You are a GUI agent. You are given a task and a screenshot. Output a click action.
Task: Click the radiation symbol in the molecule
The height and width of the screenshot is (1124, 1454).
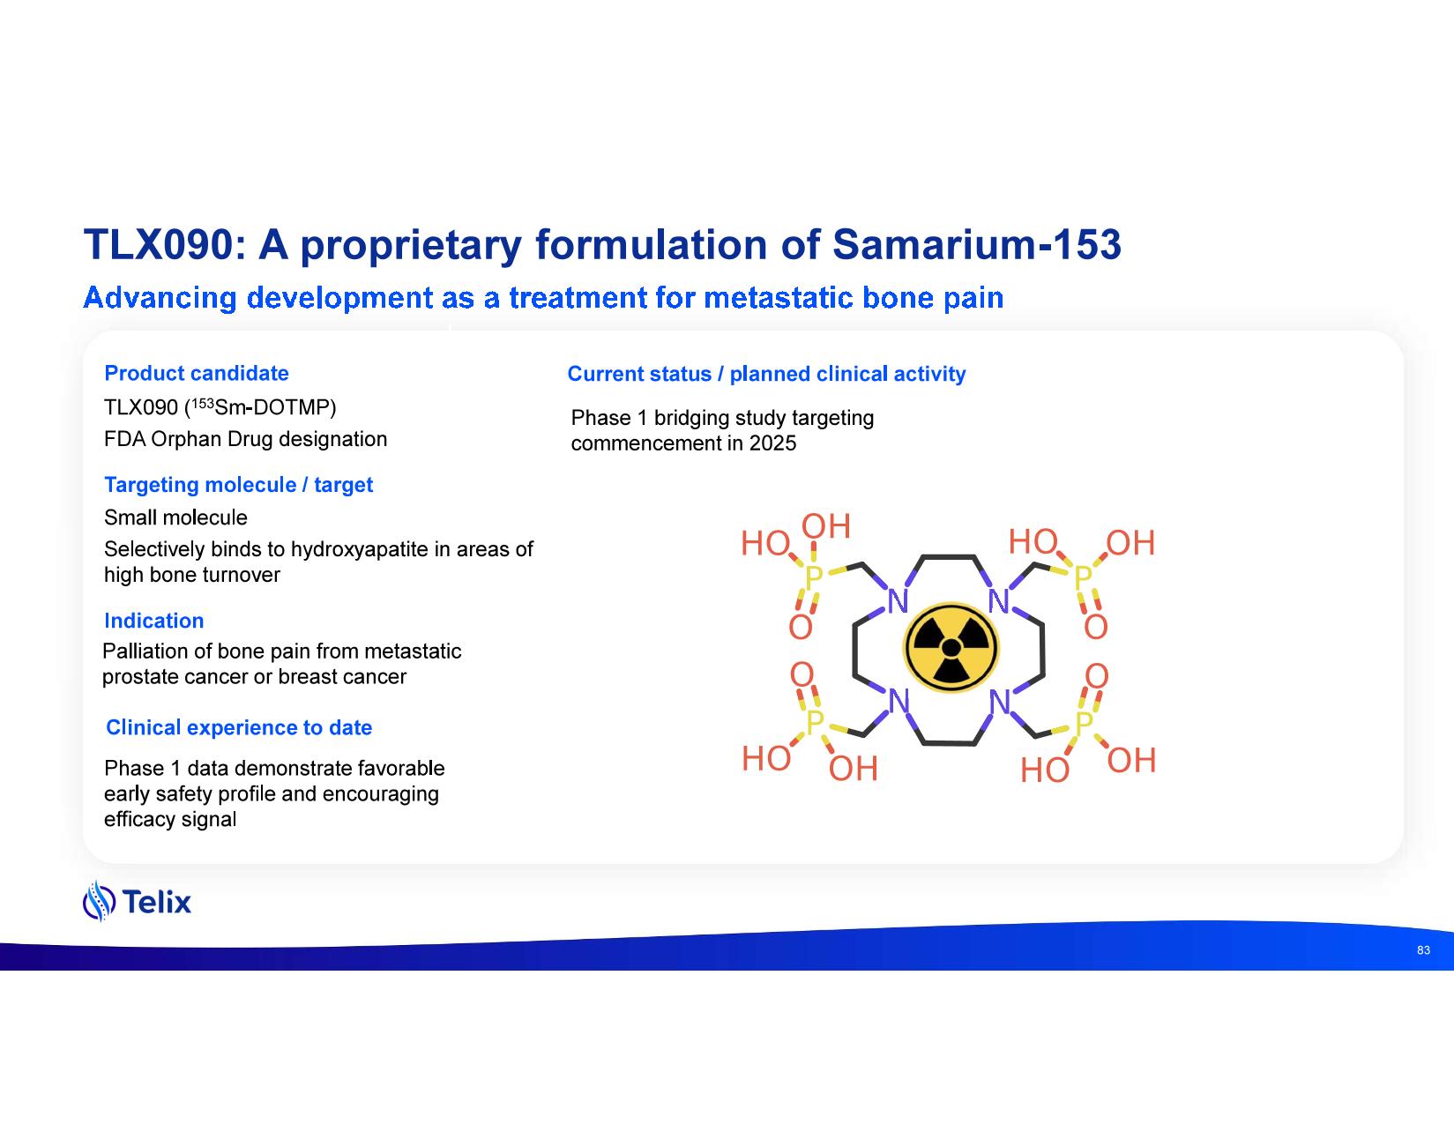coord(951,647)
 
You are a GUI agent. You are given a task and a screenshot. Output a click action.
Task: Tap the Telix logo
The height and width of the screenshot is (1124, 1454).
coord(137,901)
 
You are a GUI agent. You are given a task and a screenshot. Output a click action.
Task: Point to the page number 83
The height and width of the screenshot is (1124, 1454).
coord(1423,950)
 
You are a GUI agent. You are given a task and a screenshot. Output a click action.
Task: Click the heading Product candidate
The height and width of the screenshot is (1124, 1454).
coord(197,373)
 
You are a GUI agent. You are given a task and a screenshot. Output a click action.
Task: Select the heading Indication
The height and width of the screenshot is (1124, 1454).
coord(154,621)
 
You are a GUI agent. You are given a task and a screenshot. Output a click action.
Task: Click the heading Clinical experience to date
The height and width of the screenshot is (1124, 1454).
coord(239,727)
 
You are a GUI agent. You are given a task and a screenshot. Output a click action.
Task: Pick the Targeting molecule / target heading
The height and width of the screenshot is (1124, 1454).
coord(239,485)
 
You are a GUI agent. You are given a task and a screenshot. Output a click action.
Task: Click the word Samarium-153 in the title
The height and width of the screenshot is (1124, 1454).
coord(976,245)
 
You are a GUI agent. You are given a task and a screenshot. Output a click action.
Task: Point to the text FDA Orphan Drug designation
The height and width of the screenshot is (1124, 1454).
coord(246,439)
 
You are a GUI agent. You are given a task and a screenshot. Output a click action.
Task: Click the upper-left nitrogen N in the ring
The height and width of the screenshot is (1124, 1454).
coord(898,601)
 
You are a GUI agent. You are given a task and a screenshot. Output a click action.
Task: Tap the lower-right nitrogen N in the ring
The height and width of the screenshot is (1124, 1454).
coord(1000,703)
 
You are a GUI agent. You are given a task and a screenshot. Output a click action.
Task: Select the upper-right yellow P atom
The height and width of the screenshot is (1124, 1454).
coord(1083,577)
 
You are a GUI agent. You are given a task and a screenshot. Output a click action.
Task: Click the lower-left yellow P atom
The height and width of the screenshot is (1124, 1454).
coord(815,722)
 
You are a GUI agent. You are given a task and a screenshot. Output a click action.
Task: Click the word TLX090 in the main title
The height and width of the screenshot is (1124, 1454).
coord(159,245)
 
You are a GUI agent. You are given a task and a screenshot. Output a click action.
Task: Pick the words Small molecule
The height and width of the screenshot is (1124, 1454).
coord(176,517)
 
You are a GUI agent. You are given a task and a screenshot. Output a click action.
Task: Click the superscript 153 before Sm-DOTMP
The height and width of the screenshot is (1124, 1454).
coord(203,403)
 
